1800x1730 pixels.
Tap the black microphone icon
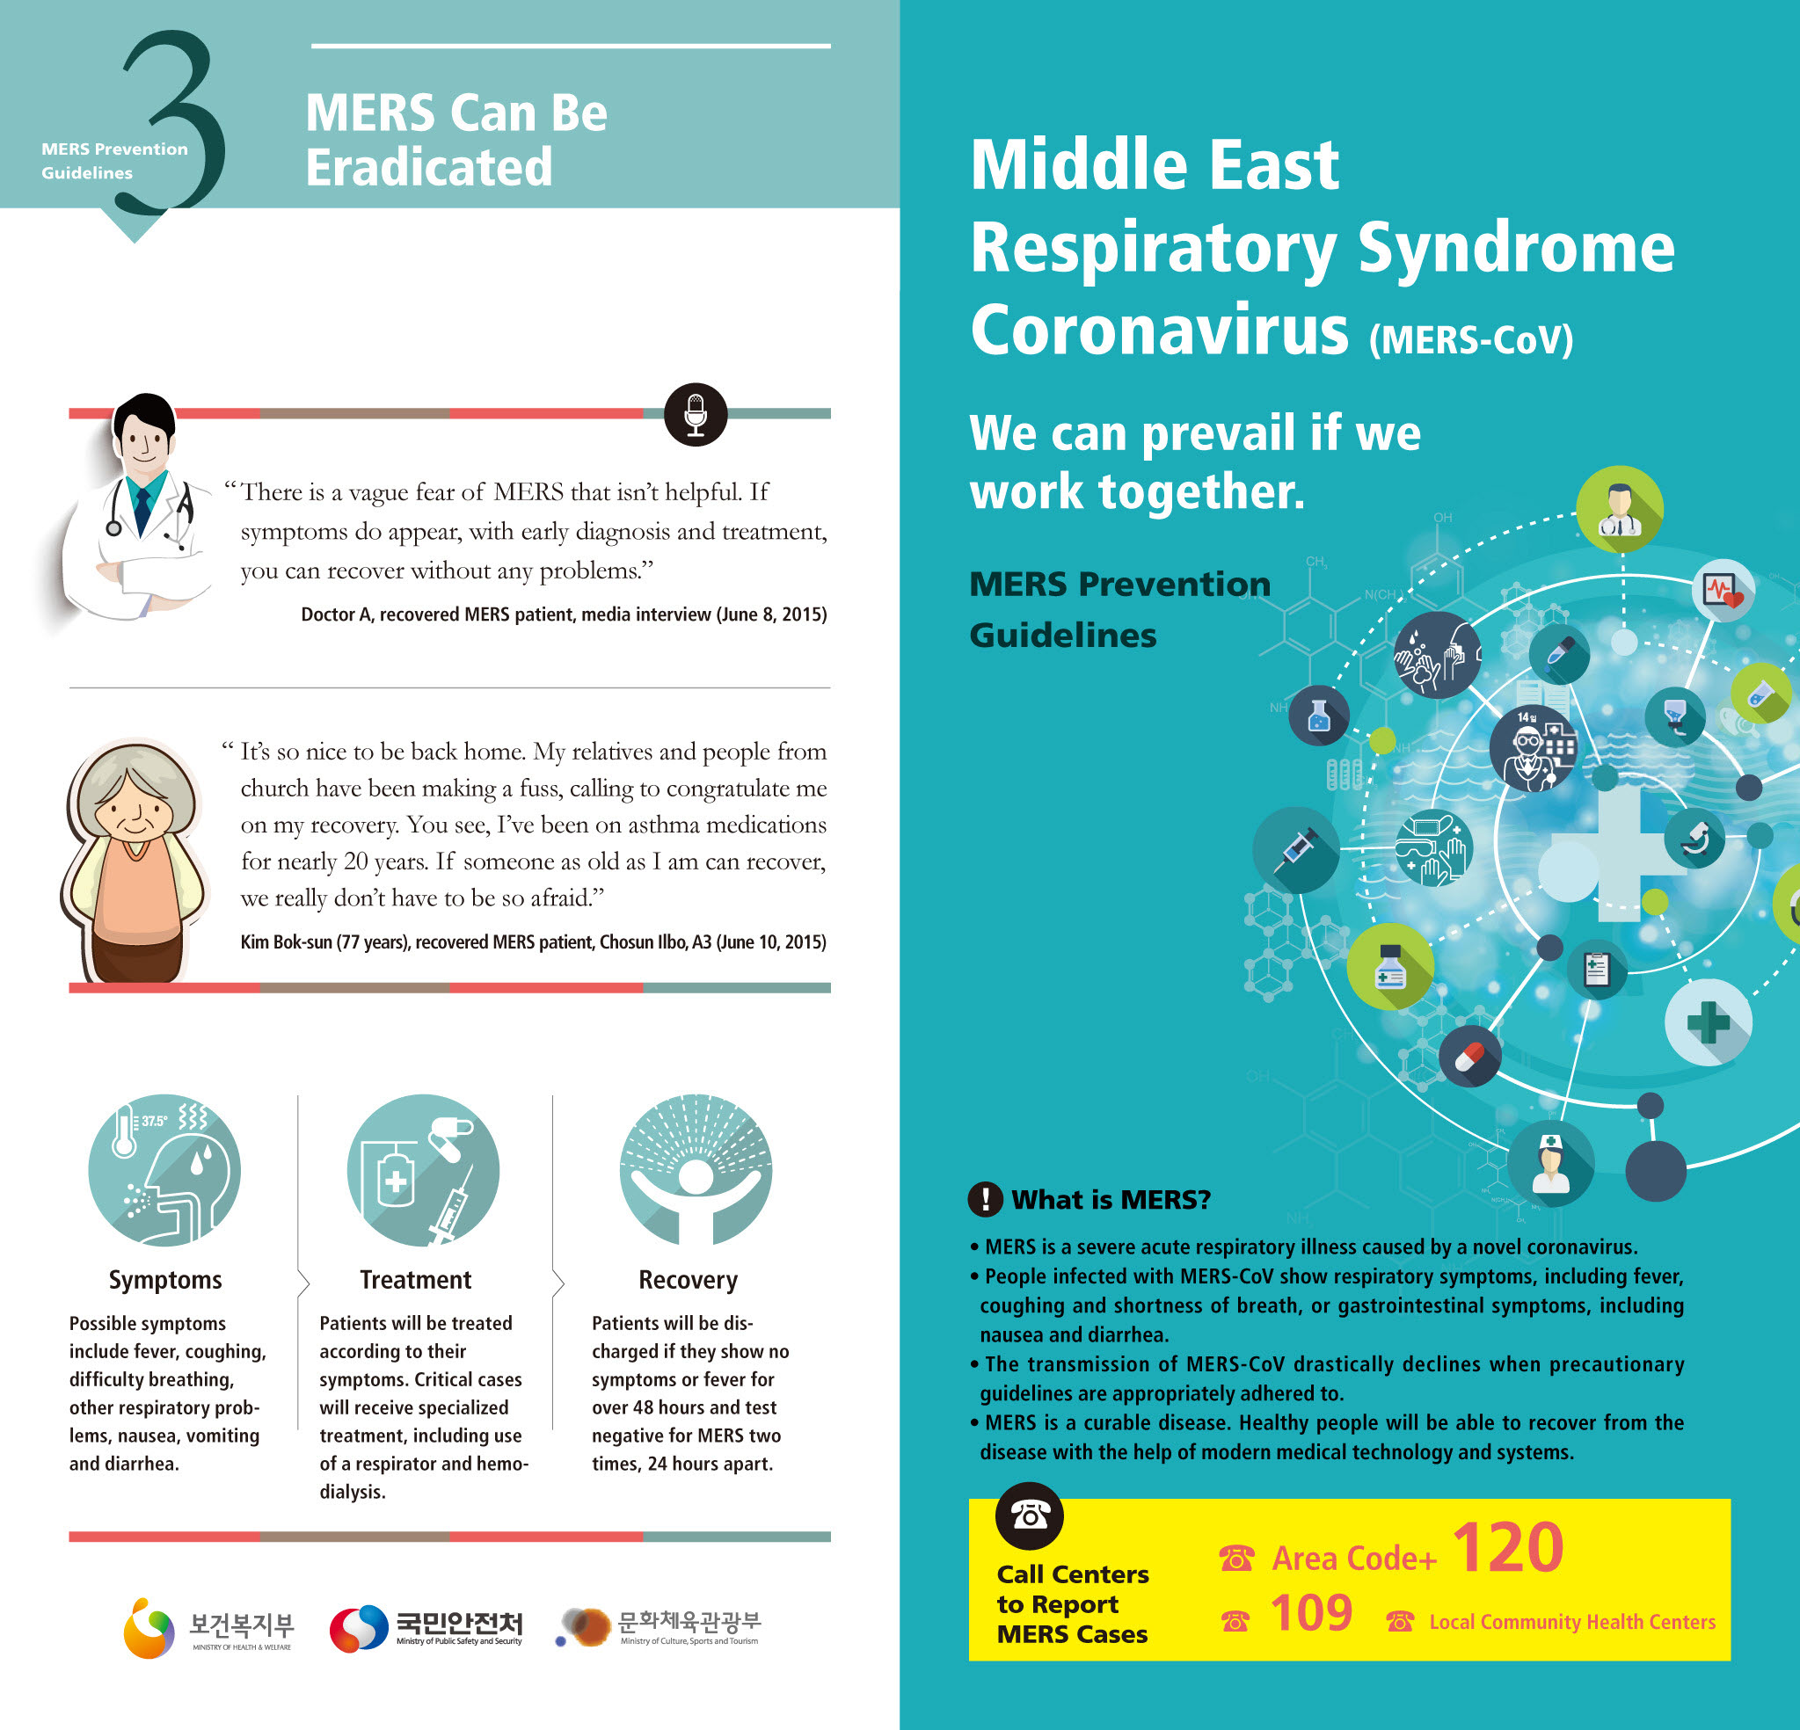tap(696, 414)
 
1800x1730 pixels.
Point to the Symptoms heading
tap(165, 1280)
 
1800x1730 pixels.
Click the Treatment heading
tap(415, 1280)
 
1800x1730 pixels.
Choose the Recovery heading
tap(688, 1280)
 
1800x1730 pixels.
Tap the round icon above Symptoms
tap(164, 1170)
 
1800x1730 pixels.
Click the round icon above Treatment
tap(423, 1170)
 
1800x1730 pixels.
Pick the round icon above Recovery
tap(696, 1170)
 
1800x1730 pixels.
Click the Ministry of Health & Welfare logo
tap(209, 1628)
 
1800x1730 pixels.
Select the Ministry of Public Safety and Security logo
tap(426, 1628)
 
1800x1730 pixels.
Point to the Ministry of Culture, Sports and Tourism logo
tap(660, 1628)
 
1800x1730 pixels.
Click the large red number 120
tap(1507, 1548)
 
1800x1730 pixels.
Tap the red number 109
tap(1310, 1613)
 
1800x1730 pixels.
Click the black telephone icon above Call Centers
tap(1030, 1516)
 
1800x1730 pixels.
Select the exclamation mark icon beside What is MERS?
tap(986, 1199)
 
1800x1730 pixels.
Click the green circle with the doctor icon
tap(1619, 509)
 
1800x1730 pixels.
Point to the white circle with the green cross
tap(1709, 1022)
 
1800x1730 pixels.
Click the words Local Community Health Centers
tap(1571, 1623)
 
